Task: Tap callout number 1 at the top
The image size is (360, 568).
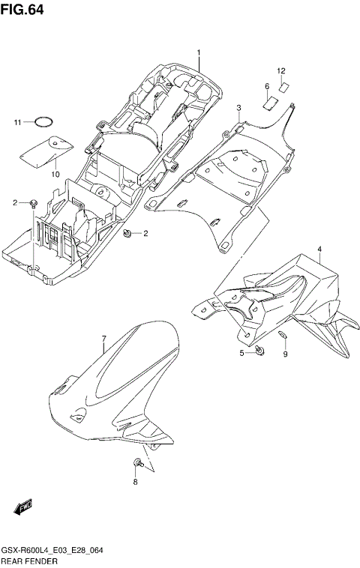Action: [199, 52]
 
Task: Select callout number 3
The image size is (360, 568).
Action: [238, 108]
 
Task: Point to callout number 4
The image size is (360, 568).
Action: [319, 249]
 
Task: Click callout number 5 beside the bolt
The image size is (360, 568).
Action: [241, 353]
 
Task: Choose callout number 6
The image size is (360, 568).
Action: [266, 87]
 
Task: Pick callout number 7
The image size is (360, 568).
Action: [104, 340]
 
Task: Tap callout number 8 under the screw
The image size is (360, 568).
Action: [136, 482]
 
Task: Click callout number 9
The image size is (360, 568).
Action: [285, 354]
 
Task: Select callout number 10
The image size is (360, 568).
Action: [55, 174]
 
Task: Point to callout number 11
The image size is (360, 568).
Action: [17, 122]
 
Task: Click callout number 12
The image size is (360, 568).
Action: [281, 71]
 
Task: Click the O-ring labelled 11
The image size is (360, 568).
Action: [45, 121]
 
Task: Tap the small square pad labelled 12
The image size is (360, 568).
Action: [283, 86]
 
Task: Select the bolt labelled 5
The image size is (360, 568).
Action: [258, 351]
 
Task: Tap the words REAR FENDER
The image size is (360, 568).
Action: [28, 561]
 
